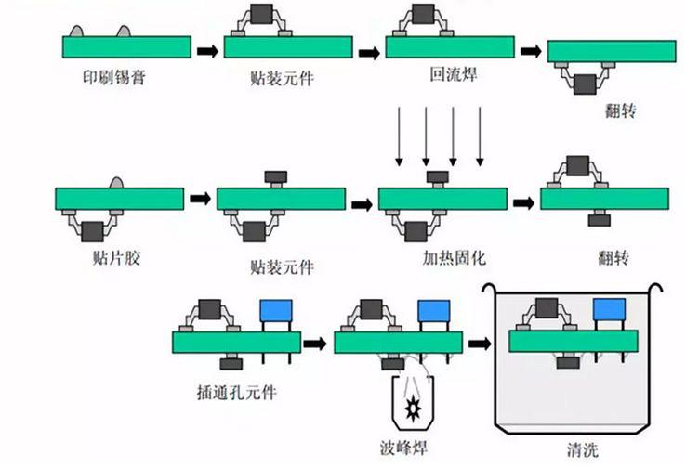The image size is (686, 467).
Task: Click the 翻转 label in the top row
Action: click(614, 110)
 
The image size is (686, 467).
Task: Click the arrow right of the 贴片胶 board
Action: click(199, 198)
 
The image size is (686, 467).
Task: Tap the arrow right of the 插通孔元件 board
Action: click(317, 343)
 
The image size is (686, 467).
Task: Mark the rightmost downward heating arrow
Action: click(480, 135)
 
